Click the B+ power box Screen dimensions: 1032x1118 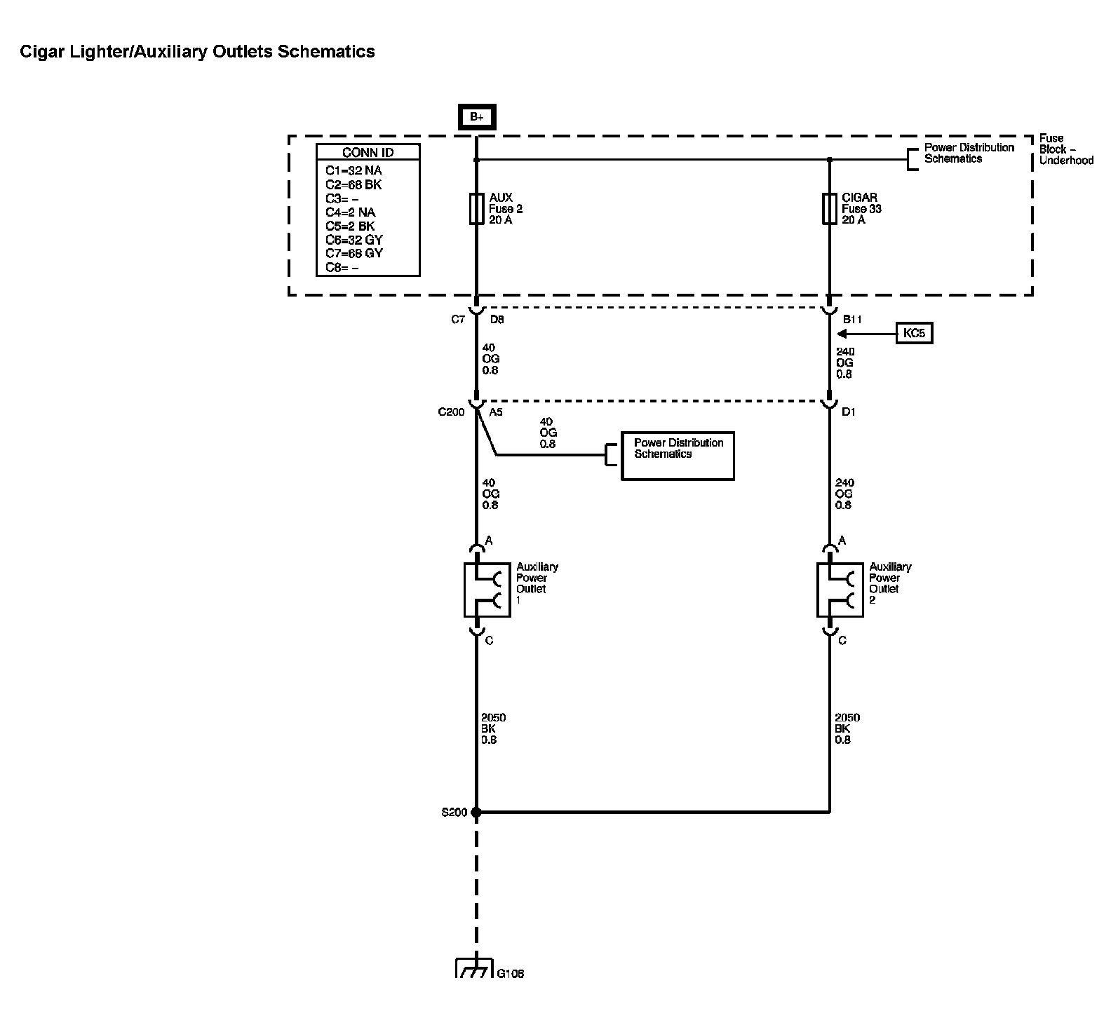tap(477, 117)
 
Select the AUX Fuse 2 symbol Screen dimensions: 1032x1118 tap(476, 208)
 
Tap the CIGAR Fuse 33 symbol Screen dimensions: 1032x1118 tap(829, 208)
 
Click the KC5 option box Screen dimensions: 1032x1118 tap(915, 333)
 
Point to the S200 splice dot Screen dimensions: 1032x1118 tap(476, 813)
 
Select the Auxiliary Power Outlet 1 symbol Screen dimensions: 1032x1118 tap(487, 590)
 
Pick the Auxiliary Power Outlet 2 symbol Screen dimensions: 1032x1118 tap(840, 590)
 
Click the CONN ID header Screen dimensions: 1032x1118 tap(368, 153)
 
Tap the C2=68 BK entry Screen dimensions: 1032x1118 tap(353, 184)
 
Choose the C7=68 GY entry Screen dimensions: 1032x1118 tap(354, 253)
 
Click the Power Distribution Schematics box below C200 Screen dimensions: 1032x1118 tap(678, 456)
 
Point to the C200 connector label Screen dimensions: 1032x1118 tap(451, 412)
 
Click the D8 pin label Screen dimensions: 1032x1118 tap(497, 320)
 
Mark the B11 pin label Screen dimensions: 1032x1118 tap(852, 320)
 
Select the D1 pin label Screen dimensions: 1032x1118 tap(849, 412)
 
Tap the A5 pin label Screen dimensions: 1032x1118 tap(496, 412)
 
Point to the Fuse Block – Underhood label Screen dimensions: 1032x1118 tap(1065, 149)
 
